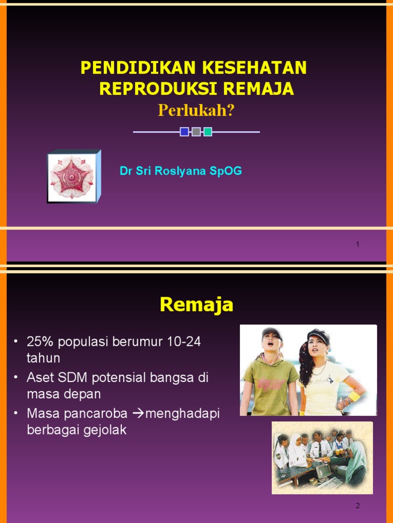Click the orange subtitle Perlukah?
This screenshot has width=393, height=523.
coord(196,110)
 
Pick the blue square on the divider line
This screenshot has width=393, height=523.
coord(184,132)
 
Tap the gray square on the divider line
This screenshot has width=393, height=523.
coord(196,132)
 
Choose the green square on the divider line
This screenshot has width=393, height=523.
coord(208,132)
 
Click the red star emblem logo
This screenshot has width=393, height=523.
coord(71,177)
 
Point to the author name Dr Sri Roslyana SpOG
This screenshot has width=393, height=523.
coord(181,171)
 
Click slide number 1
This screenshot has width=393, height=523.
coord(358,245)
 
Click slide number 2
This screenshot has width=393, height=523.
coord(358,506)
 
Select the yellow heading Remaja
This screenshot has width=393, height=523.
coord(196,305)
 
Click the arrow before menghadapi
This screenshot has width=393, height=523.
coord(139,414)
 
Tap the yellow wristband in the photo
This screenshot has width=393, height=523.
coord(355,396)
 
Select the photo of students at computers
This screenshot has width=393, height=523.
coord(322,457)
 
